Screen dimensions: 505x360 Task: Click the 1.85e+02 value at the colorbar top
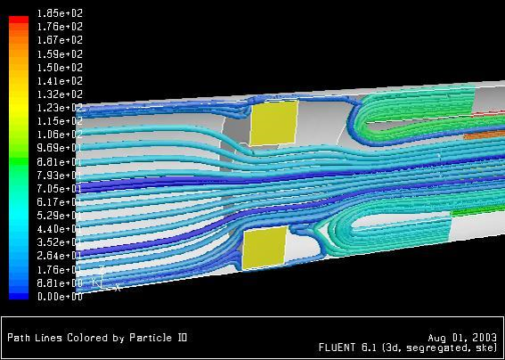click(x=60, y=13)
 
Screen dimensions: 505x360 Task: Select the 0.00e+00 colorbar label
click(x=60, y=297)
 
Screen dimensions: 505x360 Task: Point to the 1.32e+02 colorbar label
click(x=60, y=94)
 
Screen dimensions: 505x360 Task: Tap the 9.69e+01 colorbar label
click(x=60, y=148)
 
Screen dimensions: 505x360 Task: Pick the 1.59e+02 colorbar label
click(x=60, y=53)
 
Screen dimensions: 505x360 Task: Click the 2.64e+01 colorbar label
click(x=60, y=256)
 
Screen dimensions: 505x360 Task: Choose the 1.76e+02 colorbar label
click(x=60, y=27)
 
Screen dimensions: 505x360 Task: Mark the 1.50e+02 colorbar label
click(x=60, y=68)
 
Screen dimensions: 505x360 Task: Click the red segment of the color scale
click(x=19, y=20)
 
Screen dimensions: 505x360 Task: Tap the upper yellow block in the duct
click(x=273, y=122)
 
